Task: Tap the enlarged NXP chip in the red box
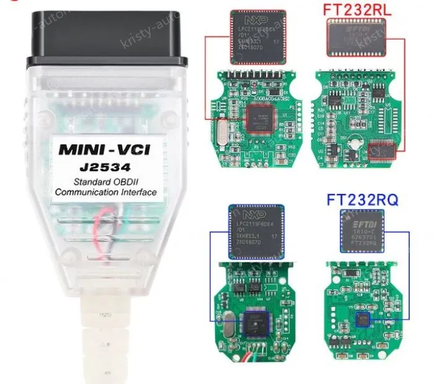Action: pyautogui.click(x=257, y=37)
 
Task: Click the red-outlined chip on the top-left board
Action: pyautogui.click(x=262, y=118)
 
